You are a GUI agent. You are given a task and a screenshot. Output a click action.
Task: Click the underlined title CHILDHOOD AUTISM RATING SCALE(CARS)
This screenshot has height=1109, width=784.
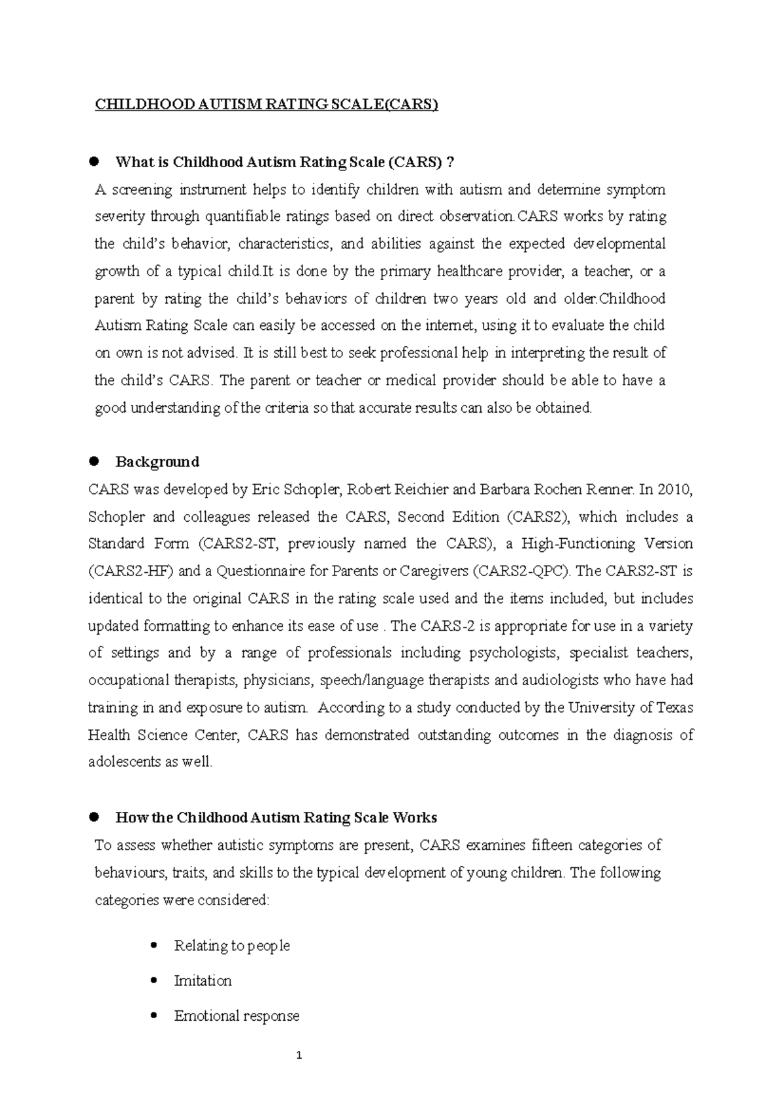(266, 105)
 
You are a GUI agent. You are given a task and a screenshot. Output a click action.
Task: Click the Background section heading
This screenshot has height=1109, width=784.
(157, 462)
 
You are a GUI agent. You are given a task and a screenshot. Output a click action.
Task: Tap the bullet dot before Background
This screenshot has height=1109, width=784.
(93, 461)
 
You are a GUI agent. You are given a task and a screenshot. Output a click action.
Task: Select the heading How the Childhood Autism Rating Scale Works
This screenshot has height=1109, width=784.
(276, 818)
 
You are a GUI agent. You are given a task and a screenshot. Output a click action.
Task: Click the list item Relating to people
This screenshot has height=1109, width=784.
(231, 946)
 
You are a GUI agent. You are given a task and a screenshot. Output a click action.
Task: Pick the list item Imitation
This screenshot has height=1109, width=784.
(203, 981)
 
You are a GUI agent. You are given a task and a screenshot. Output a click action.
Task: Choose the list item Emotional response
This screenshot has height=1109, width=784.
(237, 1016)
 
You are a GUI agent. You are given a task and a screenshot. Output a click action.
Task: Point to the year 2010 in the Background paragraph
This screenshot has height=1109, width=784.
(676, 490)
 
